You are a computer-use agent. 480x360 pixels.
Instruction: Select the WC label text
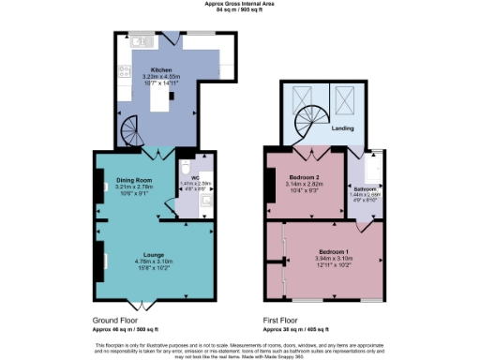coord(195,178)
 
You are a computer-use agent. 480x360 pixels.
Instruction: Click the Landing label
coord(343,128)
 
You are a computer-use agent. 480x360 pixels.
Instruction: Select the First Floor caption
coord(285,321)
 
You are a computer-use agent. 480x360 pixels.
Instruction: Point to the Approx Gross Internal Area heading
coord(239,4)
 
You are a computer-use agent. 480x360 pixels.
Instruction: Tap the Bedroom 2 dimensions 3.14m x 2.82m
coord(303,185)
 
